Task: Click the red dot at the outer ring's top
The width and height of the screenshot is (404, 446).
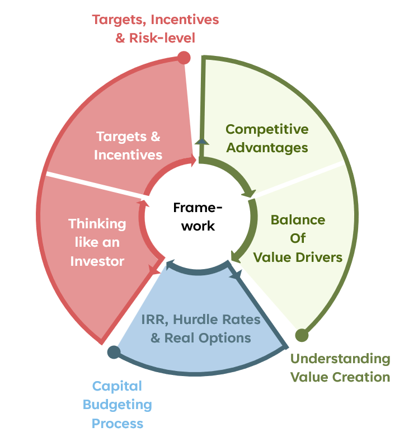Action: [183, 57]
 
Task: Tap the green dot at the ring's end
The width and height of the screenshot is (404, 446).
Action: [302, 335]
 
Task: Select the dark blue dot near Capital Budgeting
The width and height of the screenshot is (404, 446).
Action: [114, 352]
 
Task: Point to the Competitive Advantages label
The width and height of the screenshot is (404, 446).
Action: [267, 139]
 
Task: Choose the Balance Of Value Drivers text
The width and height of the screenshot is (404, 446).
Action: [298, 238]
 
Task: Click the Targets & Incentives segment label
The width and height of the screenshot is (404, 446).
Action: [128, 145]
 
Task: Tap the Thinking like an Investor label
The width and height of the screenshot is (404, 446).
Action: [97, 242]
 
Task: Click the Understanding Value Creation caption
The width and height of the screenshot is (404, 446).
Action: [340, 368]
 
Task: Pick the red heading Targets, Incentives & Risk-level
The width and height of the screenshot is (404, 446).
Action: [155, 29]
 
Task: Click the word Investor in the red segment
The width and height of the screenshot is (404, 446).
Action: [97, 261]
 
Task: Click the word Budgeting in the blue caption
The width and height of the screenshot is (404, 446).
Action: [121, 404]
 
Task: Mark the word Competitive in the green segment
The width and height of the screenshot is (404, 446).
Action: [267, 129]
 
